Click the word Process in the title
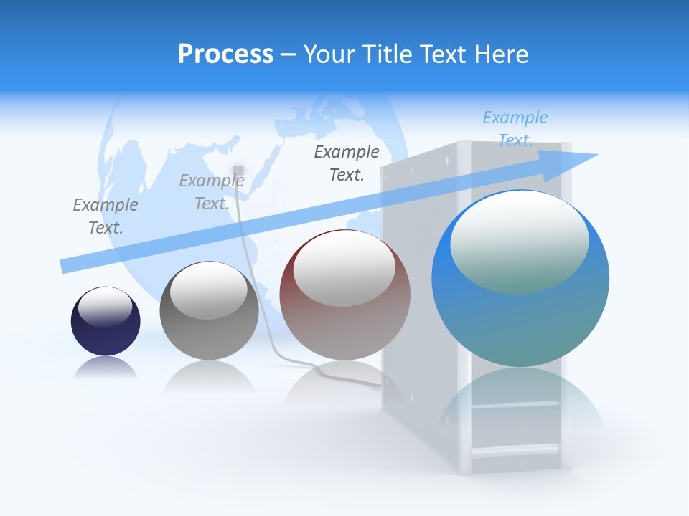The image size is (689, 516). [225, 54]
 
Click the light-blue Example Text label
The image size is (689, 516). [515, 129]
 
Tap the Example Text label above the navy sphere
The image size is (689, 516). [106, 216]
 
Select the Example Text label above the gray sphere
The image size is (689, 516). [212, 192]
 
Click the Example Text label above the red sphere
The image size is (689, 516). [347, 163]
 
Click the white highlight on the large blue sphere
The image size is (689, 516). [519, 240]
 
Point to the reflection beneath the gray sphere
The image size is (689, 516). [209, 376]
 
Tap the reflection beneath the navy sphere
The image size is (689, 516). [106, 368]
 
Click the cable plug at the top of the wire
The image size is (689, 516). [238, 170]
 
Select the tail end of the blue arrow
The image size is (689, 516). [63, 266]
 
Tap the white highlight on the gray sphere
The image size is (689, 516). [209, 290]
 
